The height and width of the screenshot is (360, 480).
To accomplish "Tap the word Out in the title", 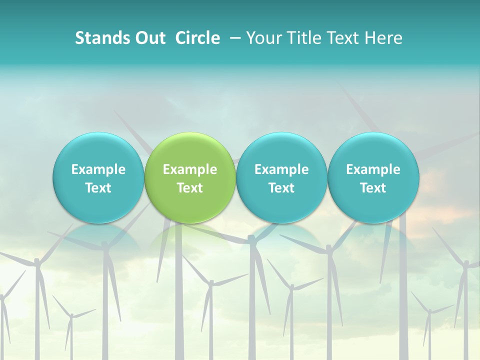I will click(x=149, y=38).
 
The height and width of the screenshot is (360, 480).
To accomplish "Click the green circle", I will click(x=190, y=150).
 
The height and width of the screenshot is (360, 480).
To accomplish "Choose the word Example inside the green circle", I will click(x=190, y=169).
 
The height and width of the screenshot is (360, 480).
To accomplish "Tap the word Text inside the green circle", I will click(x=190, y=188).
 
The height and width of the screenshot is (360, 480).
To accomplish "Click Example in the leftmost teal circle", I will click(x=98, y=169).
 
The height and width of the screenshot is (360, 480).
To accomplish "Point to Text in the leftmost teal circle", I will click(x=98, y=188).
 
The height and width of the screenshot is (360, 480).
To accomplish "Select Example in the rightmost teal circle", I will click(x=373, y=169).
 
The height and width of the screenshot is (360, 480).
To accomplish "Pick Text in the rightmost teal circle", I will click(x=373, y=188).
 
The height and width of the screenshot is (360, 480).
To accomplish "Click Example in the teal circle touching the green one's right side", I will click(x=281, y=169).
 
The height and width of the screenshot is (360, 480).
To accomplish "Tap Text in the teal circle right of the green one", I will click(x=281, y=188).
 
